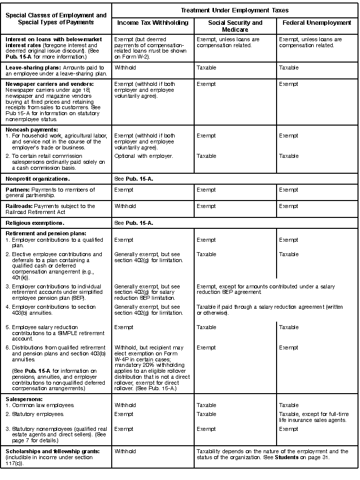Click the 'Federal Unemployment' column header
(x=317, y=23)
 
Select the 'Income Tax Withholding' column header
(x=152, y=23)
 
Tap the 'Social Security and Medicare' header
(x=235, y=26)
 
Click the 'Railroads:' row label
(x=19, y=206)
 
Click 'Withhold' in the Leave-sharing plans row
(x=125, y=68)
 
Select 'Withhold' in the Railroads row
(x=125, y=206)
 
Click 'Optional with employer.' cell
(x=144, y=156)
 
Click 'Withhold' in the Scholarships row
(x=125, y=451)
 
